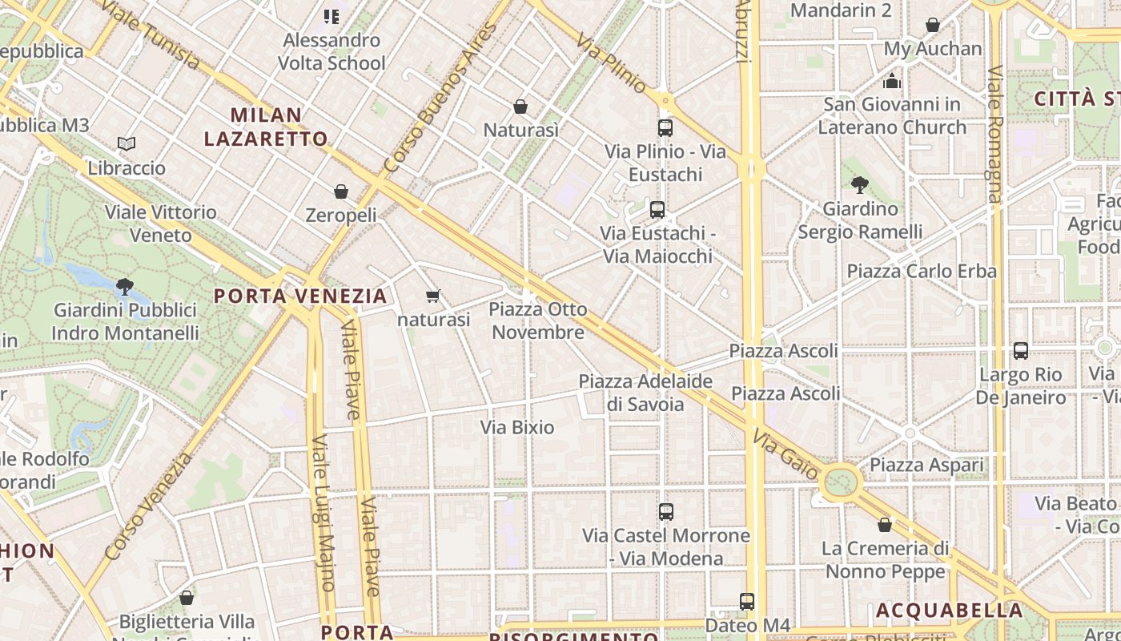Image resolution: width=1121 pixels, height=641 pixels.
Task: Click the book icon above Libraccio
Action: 127,143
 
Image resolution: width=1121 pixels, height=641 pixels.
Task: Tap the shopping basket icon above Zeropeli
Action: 341,191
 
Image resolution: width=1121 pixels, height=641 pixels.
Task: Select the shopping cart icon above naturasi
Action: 433,296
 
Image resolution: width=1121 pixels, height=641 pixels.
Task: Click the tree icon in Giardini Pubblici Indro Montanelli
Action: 124,286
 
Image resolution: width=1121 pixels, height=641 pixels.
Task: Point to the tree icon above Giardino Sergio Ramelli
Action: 860,185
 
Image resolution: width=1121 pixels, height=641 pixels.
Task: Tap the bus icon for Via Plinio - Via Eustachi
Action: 665,127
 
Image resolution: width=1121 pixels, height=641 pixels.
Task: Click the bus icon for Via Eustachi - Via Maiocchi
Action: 657,210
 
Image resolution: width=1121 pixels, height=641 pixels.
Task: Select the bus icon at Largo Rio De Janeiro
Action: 1021,350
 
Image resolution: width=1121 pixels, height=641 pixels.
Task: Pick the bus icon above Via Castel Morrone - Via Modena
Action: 666,511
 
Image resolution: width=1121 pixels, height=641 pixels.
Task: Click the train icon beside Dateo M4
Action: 747,601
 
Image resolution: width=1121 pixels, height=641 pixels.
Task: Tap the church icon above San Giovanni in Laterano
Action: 892,81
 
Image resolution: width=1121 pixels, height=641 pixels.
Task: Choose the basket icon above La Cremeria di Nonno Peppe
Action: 885,525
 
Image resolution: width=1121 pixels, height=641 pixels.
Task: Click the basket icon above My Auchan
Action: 933,25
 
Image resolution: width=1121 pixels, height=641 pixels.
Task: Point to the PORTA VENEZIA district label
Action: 300,296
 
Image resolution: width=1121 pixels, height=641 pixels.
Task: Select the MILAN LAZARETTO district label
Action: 266,127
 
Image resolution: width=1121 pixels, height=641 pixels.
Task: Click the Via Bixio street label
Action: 517,427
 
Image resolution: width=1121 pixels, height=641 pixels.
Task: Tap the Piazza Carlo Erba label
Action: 922,271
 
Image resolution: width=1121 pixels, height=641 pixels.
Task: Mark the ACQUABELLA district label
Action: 949,611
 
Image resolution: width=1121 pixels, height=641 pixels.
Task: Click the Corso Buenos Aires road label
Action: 440,98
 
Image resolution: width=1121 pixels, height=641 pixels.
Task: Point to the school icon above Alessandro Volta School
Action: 331,16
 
